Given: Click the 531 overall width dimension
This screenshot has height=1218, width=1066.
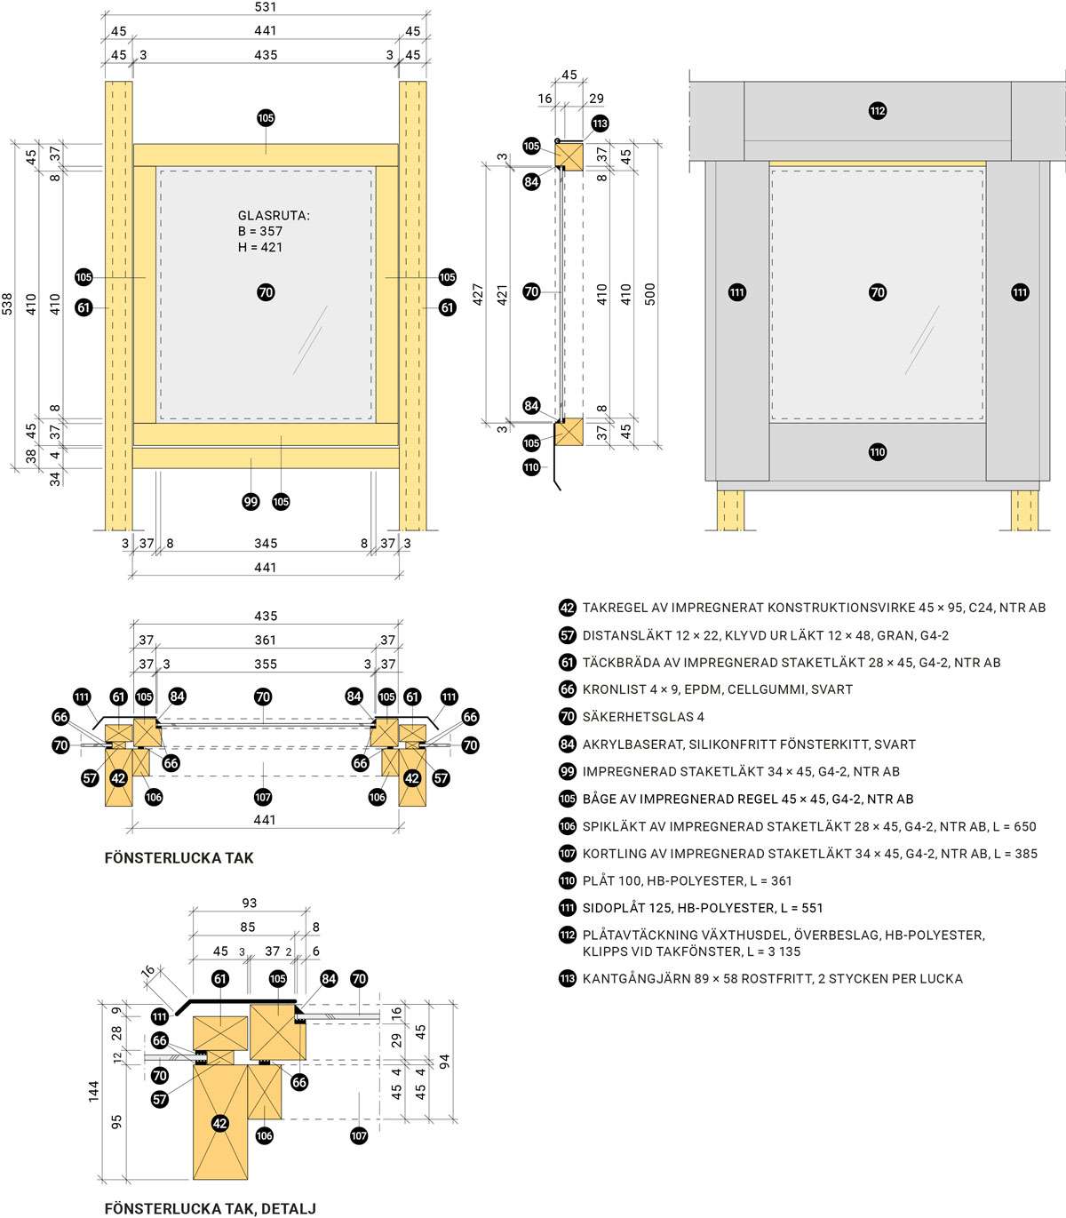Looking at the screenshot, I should coord(265,7).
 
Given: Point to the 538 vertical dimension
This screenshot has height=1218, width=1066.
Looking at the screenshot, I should coord(7,306).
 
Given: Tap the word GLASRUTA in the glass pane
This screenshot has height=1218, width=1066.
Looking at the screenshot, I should coord(274,215).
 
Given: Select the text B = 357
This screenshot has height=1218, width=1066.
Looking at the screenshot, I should coord(259,231).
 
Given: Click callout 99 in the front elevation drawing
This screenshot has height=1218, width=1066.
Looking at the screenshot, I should coord(251,502).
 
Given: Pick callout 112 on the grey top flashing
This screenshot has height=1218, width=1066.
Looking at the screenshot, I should coord(877,111).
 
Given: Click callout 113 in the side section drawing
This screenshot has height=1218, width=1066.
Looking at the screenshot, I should coord(600,123).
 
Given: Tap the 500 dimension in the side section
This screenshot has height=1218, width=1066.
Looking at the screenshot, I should coord(649,294).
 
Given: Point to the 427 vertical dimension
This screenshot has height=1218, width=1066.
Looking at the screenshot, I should coord(478,294).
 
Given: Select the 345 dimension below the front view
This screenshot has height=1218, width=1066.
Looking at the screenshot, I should coord(265,544).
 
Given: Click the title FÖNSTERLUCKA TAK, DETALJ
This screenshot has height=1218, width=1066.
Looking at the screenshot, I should coord(210,1208).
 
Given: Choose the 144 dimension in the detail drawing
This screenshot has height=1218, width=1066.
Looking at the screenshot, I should coord(93,1091).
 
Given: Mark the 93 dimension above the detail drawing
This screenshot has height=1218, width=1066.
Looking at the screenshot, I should coord(249,903).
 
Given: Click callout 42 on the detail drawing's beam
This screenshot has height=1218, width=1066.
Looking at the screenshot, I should coord(219,1123).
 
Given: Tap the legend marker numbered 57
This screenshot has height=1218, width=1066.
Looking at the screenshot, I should coord(568,635).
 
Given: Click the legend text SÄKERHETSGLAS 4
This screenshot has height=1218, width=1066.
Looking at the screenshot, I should coord(643,717).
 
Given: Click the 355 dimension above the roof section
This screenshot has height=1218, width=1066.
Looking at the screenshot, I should coord(265,664).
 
